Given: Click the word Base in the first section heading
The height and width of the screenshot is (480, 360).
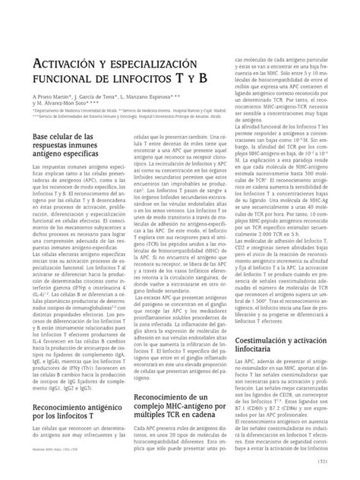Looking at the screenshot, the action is pyautogui.click(x=43, y=135).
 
